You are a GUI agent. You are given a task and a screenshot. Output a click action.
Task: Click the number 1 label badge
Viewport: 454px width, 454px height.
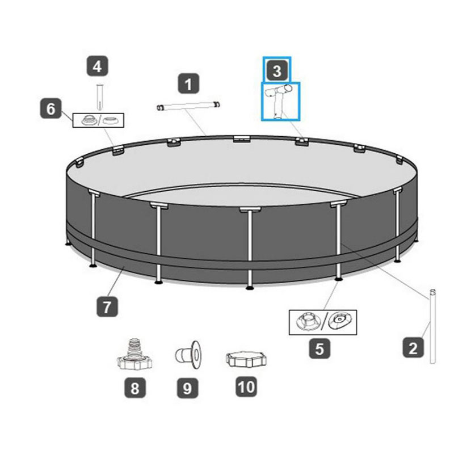[188, 83]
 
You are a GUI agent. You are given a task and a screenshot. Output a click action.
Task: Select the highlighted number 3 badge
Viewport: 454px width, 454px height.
[277, 70]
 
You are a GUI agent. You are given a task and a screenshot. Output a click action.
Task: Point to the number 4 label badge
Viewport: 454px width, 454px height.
[97, 66]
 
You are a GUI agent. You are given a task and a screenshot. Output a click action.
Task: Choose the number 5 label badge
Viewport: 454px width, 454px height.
[320, 348]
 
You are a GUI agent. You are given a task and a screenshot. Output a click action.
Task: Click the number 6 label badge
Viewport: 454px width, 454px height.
[51, 108]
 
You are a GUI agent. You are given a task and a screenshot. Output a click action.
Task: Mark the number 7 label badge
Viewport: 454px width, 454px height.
[107, 306]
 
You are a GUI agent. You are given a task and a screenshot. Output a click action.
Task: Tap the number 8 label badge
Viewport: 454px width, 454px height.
[135, 388]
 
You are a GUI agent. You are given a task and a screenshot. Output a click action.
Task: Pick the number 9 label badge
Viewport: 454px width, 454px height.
[188, 388]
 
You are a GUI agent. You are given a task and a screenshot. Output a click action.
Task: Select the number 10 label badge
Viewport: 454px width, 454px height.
[246, 386]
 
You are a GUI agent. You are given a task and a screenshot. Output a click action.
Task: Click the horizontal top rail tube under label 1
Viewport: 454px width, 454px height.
[188, 106]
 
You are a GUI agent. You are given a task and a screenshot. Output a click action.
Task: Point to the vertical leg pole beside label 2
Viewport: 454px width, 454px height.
[432, 326]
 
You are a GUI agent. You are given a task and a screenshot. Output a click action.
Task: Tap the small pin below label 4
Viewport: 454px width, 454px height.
[100, 97]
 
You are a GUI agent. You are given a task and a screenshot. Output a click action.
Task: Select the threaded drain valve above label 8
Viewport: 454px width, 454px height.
[134, 354]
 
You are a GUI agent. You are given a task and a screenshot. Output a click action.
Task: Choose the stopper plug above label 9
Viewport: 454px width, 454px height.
[189, 355]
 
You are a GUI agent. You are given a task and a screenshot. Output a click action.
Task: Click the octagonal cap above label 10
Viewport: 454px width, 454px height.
[246, 360]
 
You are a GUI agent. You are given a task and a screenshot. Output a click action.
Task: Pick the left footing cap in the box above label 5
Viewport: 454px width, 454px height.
[308, 322]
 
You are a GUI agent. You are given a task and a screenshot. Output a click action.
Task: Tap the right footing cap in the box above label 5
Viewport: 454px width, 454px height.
[340, 321]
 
